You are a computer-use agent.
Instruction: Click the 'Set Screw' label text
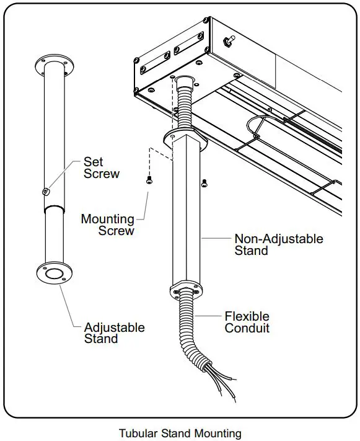click(x=101, y=167)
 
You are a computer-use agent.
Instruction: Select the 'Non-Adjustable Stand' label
click(x=278, y=244)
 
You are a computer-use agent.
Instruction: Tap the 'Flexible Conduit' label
click(x=247, y=323)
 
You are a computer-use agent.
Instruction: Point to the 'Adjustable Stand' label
click(x=114, y=333)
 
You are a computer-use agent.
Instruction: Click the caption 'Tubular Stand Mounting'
click(x=180, y=433)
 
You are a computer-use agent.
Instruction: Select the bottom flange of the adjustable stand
click(x=53, y=274)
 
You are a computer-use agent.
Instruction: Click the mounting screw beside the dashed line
click(x=149, y=180)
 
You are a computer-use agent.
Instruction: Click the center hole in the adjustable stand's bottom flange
click(x=54, y=273)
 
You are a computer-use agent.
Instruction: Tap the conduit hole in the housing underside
click(x=183, y=81)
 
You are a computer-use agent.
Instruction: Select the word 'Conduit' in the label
click(x=247, y=329)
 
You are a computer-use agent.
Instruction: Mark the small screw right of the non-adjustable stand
click(x=204, y=182)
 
